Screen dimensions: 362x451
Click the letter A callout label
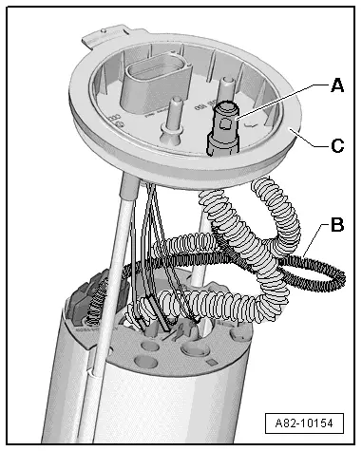pos(337,85)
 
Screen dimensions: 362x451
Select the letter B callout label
pos(337,225)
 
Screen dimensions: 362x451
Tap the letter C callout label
pos(337,146)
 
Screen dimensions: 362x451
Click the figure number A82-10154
pos(304,423)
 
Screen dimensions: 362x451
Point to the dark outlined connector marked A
pos(222,128)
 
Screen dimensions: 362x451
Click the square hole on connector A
pos(226,123)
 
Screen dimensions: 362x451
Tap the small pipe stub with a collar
pos(172,121)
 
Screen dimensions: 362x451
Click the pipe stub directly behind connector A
pos(227,88)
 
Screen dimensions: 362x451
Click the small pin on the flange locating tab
pos(104,30)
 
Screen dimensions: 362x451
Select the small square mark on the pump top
pos(210,363)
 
